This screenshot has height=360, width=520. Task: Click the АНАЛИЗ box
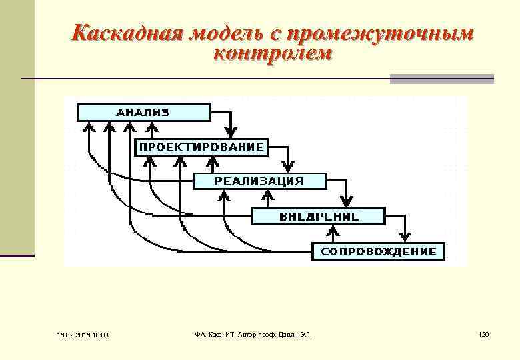click(143, 112)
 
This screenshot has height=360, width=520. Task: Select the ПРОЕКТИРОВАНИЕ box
click(201, 147)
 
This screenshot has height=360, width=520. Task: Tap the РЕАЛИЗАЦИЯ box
click(259, 181)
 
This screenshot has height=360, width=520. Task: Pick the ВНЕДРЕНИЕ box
click(318, 216)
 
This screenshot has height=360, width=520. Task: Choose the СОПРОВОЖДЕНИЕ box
click(378, 251)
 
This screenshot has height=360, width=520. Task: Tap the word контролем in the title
click(271, 54)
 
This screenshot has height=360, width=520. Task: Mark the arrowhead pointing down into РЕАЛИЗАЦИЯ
click(288, 168)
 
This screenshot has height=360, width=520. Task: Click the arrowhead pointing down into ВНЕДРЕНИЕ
click(347, 203)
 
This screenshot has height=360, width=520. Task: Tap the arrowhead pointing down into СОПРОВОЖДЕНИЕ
click(405, 238)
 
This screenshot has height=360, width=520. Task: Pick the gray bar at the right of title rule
click(441, 79)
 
